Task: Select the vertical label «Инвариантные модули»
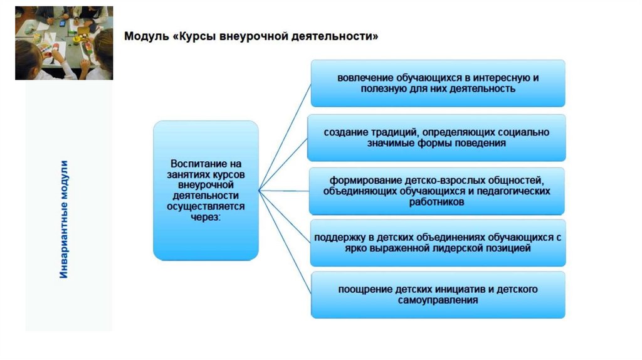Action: (x=65, y=219)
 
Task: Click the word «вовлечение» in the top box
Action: (x=365, y=78)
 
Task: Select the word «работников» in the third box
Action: (x=438, y=202)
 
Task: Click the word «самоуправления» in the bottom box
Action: (x=438, y=301)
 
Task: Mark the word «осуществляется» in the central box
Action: (x=206, y=206)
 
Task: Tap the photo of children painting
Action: (x=64, y=43)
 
